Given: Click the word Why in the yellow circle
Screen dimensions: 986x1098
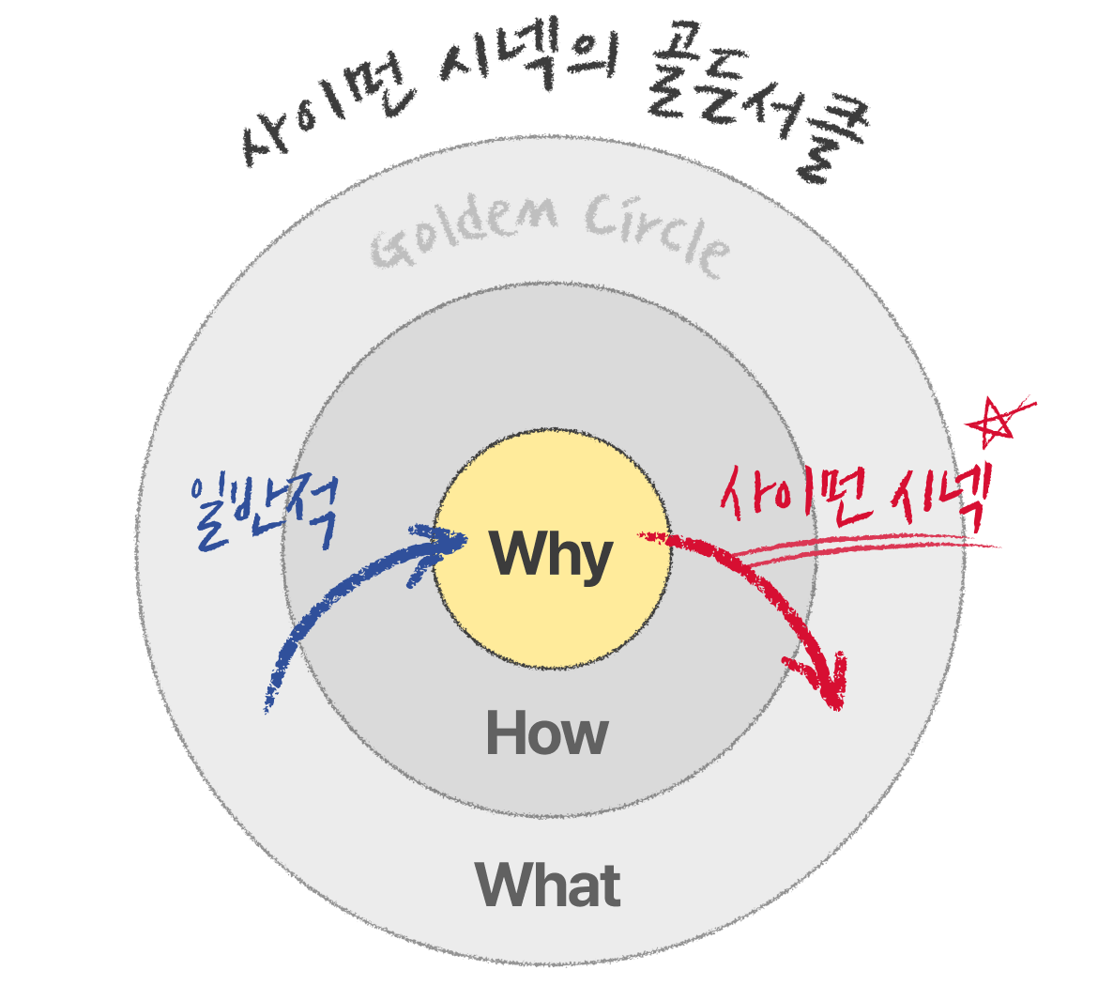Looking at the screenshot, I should (x=551, y=555).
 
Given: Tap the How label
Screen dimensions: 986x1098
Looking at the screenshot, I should (x=547, y=734).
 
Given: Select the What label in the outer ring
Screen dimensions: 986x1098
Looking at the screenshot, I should (x=548, y=885).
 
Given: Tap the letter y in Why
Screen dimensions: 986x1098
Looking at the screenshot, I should (x=595, y=561).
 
